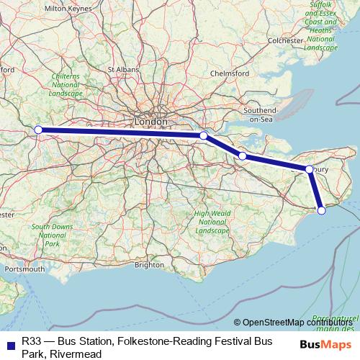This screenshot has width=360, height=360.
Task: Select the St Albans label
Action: point(122,70)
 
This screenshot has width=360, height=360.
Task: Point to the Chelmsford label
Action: point(230,73)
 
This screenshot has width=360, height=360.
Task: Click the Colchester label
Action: point(284,41)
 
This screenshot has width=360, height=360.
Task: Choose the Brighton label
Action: point(148,264)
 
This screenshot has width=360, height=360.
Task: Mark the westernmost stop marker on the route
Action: point(38,130)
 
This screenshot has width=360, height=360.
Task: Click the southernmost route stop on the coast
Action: point(321,210)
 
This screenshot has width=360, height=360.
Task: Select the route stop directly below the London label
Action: point(204,135)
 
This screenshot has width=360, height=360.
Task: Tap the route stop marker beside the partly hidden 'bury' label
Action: point(309,169)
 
